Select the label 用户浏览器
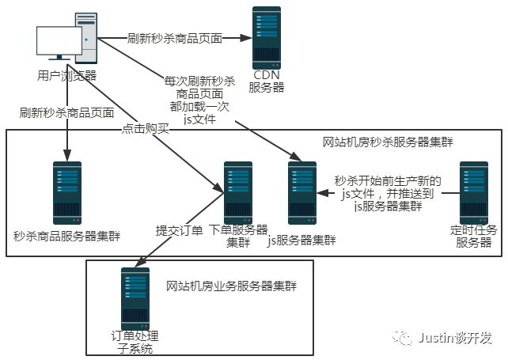click(66, 76)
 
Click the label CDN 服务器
click(267, 81)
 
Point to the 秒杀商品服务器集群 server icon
click(67, 193)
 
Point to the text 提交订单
click(180, 232)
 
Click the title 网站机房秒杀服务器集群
click(382, 142)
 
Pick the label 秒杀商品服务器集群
click(67, 236)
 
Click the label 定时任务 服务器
click(473, 236)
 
